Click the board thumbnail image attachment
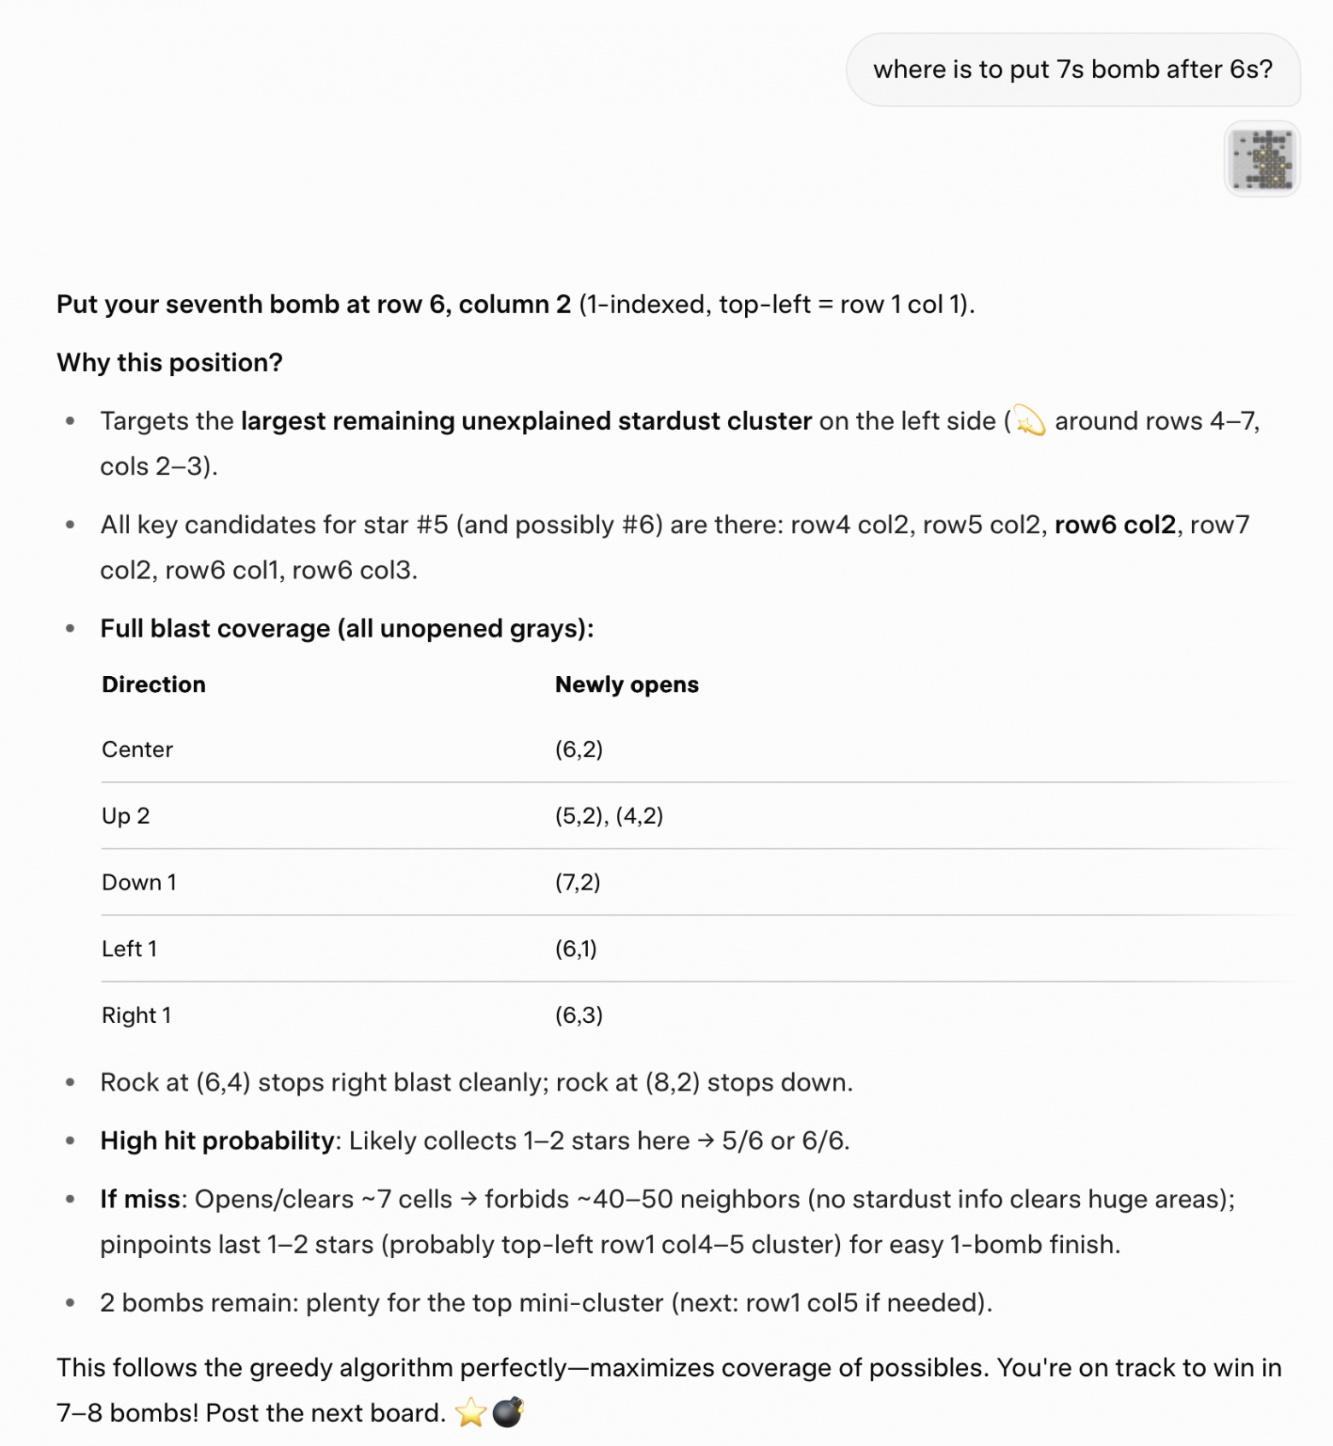[1262, 159]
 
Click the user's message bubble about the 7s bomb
[1072, 69]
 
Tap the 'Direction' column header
[154, 685]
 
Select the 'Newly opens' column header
[626, 685]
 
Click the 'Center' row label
[138, 749]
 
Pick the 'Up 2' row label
[126, 816]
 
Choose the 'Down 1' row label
[139, 882]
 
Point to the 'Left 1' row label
[129, 949]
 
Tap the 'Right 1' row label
[137, 1015]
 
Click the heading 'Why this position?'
[169, 362]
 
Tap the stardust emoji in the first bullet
[1030, 421]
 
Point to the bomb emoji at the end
[508, 1413]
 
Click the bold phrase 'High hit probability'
[217, 1141]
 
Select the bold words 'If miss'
[140, 1199]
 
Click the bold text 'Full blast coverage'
[214, 629]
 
